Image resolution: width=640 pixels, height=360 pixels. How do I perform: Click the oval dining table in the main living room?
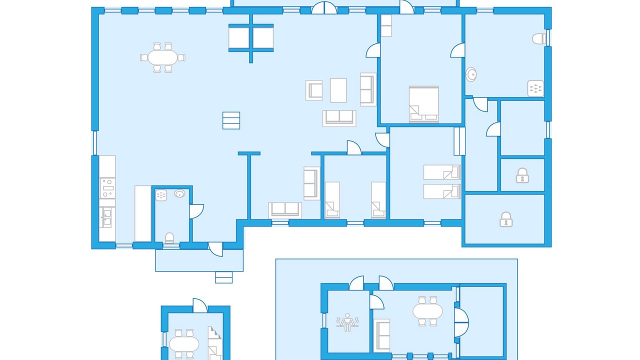coord(162,57)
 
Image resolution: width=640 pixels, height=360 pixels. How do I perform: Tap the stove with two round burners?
coord(107,188)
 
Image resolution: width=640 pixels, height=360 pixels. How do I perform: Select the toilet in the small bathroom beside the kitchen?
coord(169,237)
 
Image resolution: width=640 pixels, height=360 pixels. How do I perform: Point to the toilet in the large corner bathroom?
coord(538,38)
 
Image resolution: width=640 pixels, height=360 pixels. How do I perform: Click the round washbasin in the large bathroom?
coord(470,74)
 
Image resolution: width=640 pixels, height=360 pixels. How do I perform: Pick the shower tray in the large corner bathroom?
coord(535,88)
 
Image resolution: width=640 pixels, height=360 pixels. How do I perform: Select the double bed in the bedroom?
coord(424,104)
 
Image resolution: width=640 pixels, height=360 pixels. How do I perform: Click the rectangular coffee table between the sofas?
coord(338,90)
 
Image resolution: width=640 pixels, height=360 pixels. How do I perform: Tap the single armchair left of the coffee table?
coord(314,90)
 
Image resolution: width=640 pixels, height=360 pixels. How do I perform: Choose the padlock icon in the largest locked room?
coord(506,219)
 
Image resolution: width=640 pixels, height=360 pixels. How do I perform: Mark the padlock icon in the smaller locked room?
coord(522,175)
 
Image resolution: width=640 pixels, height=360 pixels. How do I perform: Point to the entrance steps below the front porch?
coord(223,277)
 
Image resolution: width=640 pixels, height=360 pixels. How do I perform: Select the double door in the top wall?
coord(324,8)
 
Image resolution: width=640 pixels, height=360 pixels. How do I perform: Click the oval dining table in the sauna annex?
coord(427,311)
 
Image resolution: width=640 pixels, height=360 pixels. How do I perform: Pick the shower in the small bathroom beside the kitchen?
coord(161,195)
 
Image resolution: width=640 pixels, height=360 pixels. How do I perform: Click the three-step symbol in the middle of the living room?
coord(231,120)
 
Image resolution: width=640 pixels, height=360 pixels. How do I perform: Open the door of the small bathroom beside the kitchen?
coord(195,211)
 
